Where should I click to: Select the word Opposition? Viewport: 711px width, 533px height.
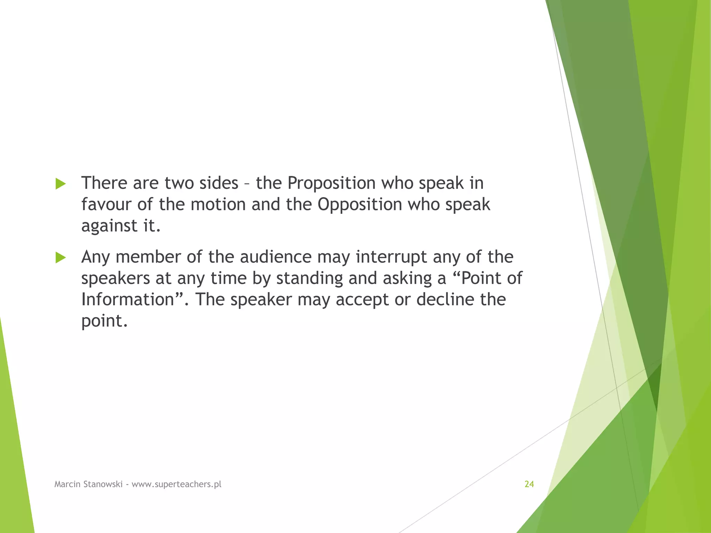(360, 204)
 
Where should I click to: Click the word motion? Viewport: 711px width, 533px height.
(218, 204)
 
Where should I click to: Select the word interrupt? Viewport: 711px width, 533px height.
(392, 257)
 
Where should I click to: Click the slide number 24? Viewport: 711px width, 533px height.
(529, 484)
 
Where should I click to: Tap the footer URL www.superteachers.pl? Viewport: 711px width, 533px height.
(176, 484)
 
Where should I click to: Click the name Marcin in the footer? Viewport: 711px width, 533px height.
(67, 484)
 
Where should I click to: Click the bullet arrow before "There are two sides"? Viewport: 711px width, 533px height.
(60, 184)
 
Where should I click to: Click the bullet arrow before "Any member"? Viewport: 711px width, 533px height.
(60, 258)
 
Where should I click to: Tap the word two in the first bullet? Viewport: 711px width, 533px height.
(178, 183)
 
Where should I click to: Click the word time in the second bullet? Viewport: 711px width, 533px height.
(228, 278)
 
